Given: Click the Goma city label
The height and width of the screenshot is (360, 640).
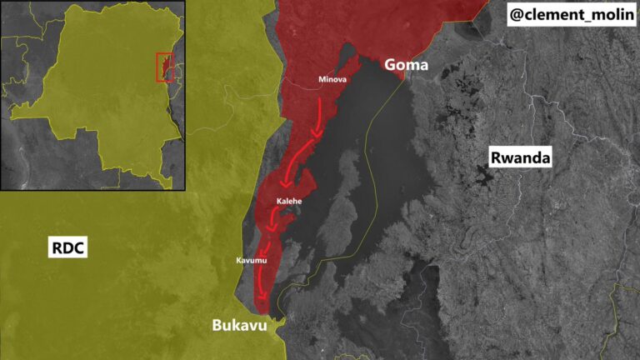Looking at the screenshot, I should [406, 65].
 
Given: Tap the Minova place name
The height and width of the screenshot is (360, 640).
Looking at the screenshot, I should [332, 80].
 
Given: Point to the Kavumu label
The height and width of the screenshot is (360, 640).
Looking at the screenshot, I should [251, 262].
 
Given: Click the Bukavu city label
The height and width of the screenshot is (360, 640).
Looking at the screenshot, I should [239, 325].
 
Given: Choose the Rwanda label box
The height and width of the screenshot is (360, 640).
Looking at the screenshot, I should [521, 157].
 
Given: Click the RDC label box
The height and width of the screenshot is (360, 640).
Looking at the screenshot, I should [69, 248].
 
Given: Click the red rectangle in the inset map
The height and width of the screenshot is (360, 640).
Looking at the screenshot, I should [165, 67].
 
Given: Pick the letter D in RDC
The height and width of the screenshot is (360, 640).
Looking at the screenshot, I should [69, 248].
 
